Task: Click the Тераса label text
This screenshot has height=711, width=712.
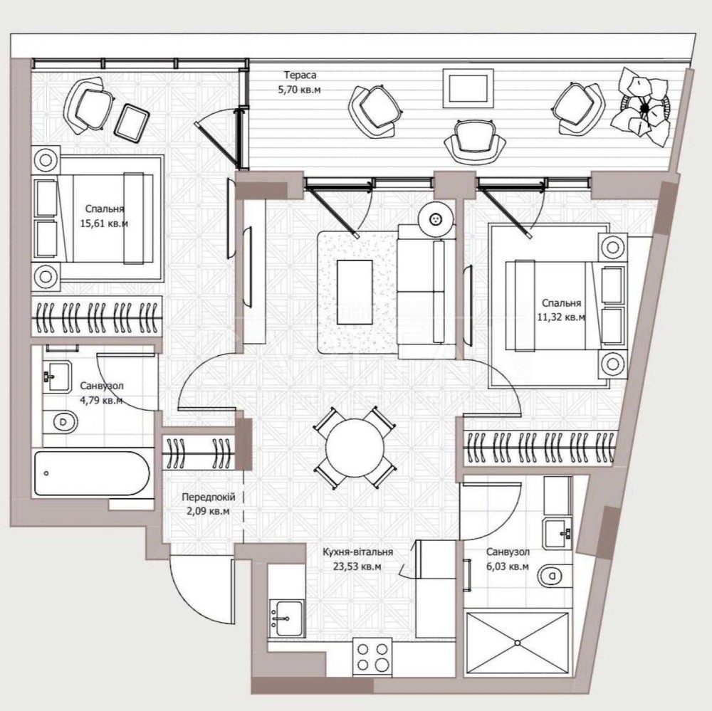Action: [x=300, y=75]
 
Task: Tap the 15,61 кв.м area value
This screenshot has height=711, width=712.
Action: [x=104, y=223]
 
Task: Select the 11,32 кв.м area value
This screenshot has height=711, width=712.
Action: [x=561, y=317]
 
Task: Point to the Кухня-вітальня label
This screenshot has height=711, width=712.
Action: [x=358, y=552]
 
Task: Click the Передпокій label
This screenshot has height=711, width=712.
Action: [x=209, y=497]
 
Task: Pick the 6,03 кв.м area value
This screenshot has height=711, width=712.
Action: [x=508, y=567]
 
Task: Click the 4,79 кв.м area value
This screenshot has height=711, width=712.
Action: [x=101, y=401]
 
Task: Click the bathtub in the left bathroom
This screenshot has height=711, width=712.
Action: [x=92, y=473]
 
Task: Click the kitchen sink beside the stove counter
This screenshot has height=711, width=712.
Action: [x=287, y=618]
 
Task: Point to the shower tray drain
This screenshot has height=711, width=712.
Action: [x=517, y=643]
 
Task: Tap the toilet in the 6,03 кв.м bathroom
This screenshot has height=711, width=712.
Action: [x=550, y=576]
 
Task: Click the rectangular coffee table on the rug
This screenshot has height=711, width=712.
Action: [x=354, y=292]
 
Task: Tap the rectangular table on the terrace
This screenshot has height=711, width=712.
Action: [x=468, y=88]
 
